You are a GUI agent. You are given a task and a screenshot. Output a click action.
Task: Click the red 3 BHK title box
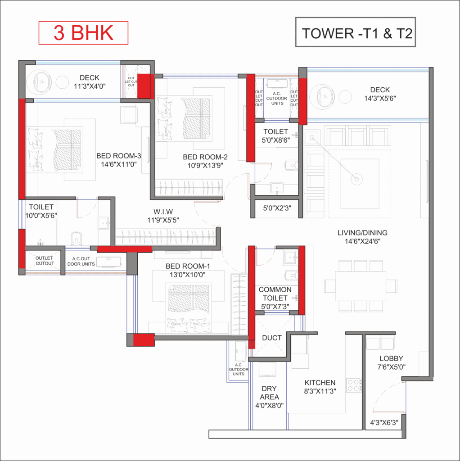point(83,33)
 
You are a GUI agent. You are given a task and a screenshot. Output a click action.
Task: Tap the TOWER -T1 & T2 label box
point(356,32)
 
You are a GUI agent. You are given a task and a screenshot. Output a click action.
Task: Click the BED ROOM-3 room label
point(119,156)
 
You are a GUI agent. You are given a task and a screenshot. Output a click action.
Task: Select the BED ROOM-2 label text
point(205,157)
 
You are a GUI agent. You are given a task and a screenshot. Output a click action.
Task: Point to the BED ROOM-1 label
point(188,266)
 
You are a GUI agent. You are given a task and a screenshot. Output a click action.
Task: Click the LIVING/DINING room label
point(362,233)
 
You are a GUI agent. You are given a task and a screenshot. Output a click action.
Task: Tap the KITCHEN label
point(320,383)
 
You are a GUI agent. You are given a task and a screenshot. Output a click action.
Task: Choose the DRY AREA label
point(269,393)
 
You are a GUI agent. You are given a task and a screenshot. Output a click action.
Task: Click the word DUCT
point(271,338)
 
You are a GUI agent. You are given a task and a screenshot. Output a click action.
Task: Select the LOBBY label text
point(391,358)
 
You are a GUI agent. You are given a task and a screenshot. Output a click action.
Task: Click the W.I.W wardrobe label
point(163,212)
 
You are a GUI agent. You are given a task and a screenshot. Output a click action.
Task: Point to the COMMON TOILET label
point(275,294)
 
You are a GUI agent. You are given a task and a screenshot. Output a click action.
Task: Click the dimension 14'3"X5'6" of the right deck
point(380,99)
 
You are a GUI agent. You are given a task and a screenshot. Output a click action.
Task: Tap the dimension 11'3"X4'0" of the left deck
point(90,86)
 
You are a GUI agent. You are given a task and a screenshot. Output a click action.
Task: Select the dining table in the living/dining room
point(361,286)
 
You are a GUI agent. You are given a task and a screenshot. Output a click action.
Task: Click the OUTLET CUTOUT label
point(45,261)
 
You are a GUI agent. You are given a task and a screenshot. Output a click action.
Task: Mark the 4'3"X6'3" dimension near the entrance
point(384,423)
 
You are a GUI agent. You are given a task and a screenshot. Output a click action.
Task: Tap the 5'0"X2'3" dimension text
point(277,208)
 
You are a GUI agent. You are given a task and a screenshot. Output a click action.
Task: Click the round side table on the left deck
point(62,82)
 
